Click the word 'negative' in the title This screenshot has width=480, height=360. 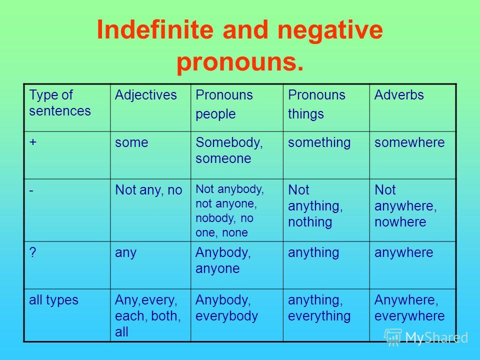[x=330, y=30]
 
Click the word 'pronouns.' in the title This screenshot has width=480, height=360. [x=240, y=62]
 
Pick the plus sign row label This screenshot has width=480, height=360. [x=33, y=142]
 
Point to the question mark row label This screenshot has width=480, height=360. [x=33, y=252]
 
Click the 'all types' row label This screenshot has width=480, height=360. [x=53, y=300]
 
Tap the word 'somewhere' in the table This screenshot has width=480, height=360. [x=409, y=142]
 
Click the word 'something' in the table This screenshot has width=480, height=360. [x=319, y=143]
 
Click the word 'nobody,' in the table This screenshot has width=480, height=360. [x=215, y=218]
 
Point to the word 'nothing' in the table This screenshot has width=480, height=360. [x=310, y=222]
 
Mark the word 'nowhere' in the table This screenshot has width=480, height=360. [x=400, y=222]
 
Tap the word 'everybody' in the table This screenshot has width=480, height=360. [x=227, y=316]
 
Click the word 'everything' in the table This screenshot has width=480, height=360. [x=319, y=316]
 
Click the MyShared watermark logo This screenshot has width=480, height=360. [x=426, y=337]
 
